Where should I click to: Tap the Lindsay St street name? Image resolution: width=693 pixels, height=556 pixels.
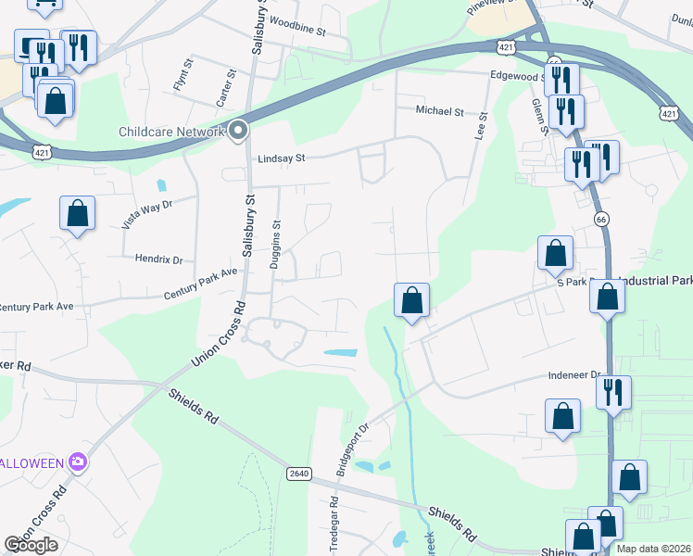point(282,158)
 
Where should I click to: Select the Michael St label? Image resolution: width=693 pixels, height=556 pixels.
point(439,111)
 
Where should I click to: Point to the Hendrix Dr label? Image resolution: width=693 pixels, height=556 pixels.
point(159,260)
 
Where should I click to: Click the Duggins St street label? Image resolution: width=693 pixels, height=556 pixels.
point(275,245)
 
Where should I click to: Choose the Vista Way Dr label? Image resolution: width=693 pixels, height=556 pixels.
point(146,214)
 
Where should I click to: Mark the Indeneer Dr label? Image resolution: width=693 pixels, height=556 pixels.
point(573,375)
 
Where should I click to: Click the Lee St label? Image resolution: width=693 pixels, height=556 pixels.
point(481,127)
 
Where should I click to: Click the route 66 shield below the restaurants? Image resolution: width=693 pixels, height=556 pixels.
point(600,218)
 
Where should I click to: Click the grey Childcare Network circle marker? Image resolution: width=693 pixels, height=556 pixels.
point(238,132)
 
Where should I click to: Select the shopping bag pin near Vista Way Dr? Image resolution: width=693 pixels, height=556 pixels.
point(78,213)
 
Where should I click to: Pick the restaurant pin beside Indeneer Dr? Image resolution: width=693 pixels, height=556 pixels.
point(613,392)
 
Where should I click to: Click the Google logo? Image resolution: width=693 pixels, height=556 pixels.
point(31,545)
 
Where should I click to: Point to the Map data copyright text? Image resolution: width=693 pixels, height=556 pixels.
point(653,549)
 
